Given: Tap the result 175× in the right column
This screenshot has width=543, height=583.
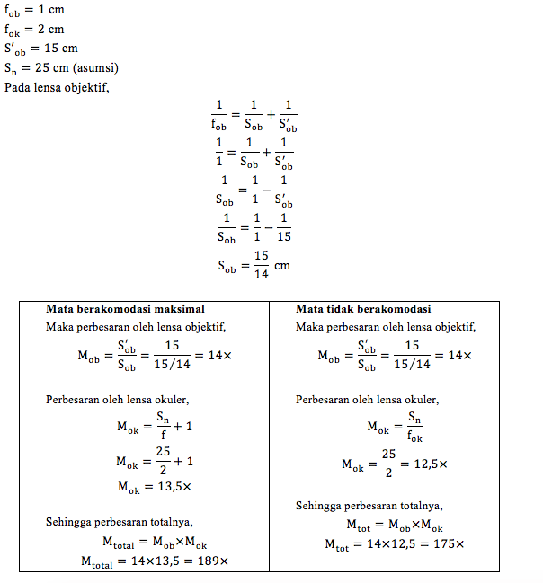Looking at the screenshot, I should (x=447, y=543).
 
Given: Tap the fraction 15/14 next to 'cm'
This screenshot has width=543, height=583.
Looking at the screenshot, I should (x=261, y=266).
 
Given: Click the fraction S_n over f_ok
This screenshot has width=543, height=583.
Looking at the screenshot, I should (x=414, y=428).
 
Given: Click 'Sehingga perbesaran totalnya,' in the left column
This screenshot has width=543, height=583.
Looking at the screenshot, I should (x=120, y=522).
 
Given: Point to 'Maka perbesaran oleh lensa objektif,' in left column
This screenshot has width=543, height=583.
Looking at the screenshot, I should (x=136, y=327).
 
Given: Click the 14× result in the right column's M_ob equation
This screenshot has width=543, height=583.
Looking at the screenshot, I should (x=459, y=356).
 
